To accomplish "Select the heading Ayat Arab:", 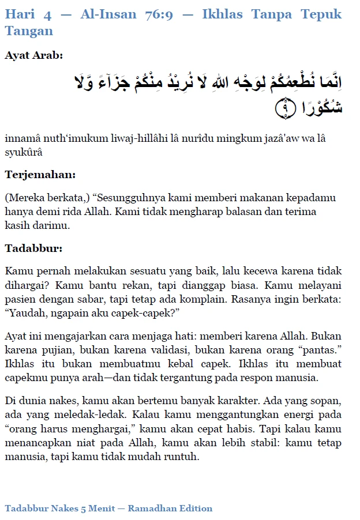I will click(33, 56).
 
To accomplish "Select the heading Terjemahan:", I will click(40, 174).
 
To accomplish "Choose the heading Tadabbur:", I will click(33, 248).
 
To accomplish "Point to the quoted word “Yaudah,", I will click(26, 312).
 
